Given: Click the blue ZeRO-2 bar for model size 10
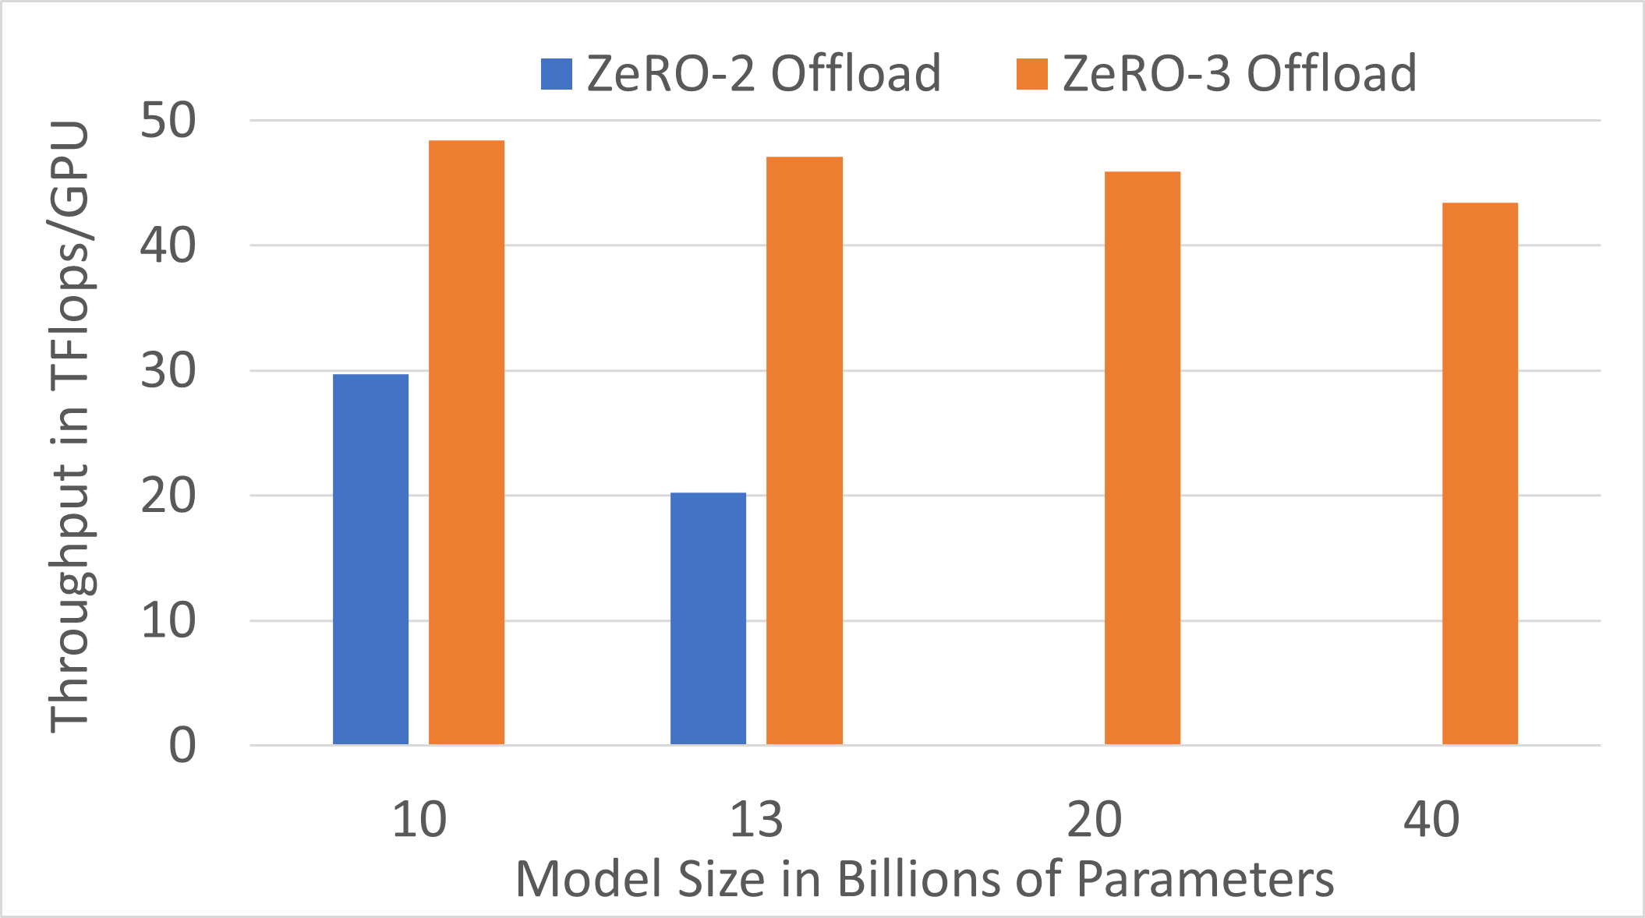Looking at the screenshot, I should pos(370,560).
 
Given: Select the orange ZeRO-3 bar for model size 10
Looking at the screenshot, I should pos(466,443).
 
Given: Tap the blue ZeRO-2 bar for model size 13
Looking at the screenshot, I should pos(708,619).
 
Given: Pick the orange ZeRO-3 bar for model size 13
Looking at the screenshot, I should pos(804,450).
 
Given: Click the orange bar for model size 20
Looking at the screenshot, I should pos(1142,458).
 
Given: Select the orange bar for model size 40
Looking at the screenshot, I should pos(1480,474).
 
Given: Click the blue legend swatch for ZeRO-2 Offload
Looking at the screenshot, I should pos(557,74).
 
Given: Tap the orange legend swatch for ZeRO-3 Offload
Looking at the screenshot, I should pos(1031,74).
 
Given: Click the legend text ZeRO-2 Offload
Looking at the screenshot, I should pos(763,74).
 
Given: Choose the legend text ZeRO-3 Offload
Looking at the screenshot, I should pos(1239,74).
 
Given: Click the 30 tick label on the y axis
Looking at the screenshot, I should pos(168,371).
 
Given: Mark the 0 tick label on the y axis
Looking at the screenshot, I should pos(182,746).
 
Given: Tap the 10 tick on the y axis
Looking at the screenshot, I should pos(168,621).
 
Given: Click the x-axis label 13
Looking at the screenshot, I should pos(755,820).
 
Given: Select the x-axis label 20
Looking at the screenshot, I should pos(1094,820).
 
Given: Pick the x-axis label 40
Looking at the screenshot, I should pos(1431,820).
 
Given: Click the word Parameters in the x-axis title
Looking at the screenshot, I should pos(1205,879).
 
